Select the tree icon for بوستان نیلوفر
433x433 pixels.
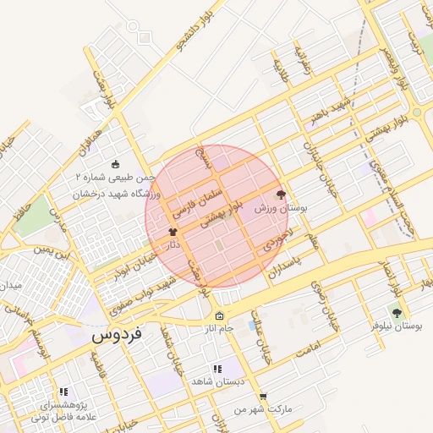tap(397, 313)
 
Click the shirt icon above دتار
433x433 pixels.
tap(173, 231)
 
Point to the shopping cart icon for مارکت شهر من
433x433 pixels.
tap(263, 396)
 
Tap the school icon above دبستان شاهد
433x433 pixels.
tap(217, 369)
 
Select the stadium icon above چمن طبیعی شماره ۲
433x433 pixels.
tap(116, 165)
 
